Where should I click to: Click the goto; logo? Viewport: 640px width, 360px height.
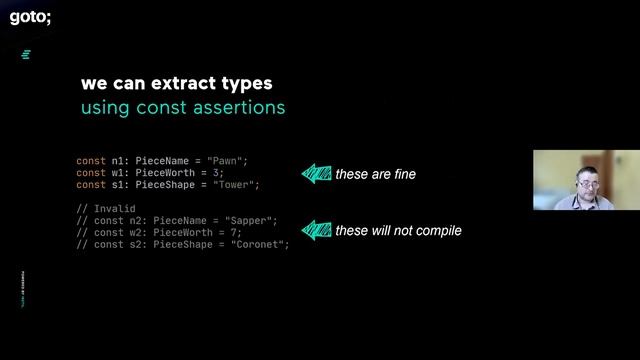pyautogui.click(x=30, y=16)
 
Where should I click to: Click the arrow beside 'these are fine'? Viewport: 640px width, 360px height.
pyautogui.click(x=316, y=174)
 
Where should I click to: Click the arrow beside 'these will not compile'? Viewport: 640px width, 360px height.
pyautogui.click(x=316, y=231)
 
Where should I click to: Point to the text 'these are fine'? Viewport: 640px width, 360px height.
pyautogui.click(x=375, y=174)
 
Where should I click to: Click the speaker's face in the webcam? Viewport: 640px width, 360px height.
pyautogui.click(x=585, y=182)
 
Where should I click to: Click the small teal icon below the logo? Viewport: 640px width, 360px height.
pyautogui.click(x=26, y=54)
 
